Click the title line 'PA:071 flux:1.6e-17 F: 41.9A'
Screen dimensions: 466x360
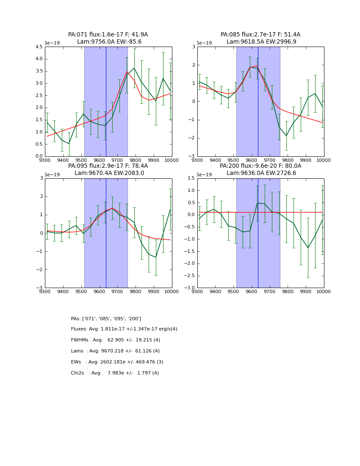click(108, 35)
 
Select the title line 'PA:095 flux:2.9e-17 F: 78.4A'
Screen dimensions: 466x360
click(108, 166)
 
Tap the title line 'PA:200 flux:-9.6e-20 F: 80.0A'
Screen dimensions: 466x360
click(260, 166)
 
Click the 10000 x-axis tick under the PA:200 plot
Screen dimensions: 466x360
click(324, 292)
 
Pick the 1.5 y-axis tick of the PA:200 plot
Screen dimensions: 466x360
click(191, 178)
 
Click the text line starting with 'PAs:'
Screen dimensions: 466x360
click(106, 319)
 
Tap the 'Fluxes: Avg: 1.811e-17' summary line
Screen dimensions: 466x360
click(124, 329)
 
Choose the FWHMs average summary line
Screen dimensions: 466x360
click(116, 340)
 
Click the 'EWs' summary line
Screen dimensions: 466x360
click(117, 362)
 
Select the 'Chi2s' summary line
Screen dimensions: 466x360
click(115, 373)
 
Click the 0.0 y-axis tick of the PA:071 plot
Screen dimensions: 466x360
click(39, 156)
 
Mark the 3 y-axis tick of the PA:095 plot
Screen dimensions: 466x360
click(42, 178)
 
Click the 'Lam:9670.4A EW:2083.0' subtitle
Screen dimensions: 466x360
click(109, 173)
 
